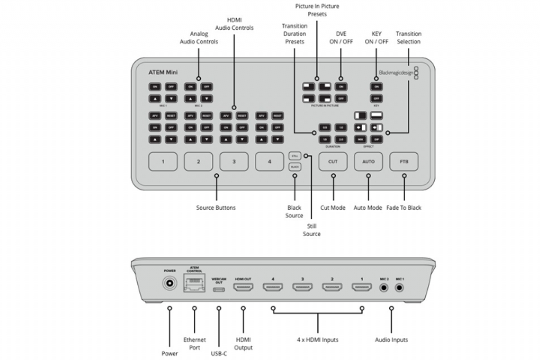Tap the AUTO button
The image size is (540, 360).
pyautogui.click(x=368, y=162)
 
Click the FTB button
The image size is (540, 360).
pyautogui.click(x=404, y=162)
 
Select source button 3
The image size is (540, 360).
pyautogui.click(x=234, y=162)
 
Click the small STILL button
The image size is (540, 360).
pyautogui.click(x=295, y=156)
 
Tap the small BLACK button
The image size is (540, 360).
pyautogui.click(x=295, y=167)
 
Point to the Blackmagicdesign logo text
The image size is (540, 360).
pyautogui.click(x=396, y=72)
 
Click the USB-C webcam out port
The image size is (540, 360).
pyautogui.click(x=219, y=288)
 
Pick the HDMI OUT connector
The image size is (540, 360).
pyautogui.click(x=243, y=287)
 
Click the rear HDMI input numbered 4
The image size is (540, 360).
pyautogui.click(x=273, y=287)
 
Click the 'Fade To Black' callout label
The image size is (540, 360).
pyautogui.click(x=404, y=208)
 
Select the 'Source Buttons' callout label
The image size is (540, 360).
pyautogui.click(x=216, y=208)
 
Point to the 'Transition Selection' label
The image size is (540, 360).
pyautogui.click(x=409, y=38)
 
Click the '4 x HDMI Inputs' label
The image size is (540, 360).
pyautogui.click(x=317, y=340)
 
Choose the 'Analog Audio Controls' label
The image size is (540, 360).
pyautogui.click(x=198, y=38)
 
